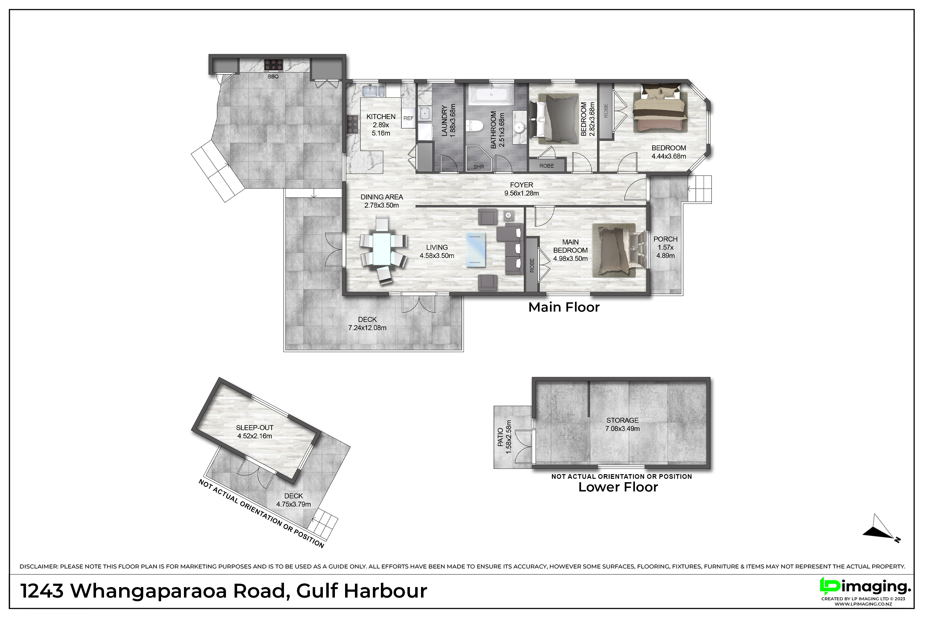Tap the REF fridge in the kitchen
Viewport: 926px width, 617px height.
pyautogui.click(x=408, y=118)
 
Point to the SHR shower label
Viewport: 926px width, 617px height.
pyautogui.click(x=479, y=167)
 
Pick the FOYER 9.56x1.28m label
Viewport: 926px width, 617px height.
pyautogui.click(x=521, y=189)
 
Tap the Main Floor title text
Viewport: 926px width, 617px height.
pyautogui.click(x=564, y=307)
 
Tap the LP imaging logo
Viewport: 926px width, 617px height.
pyautogui.click(x=865, y=587)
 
